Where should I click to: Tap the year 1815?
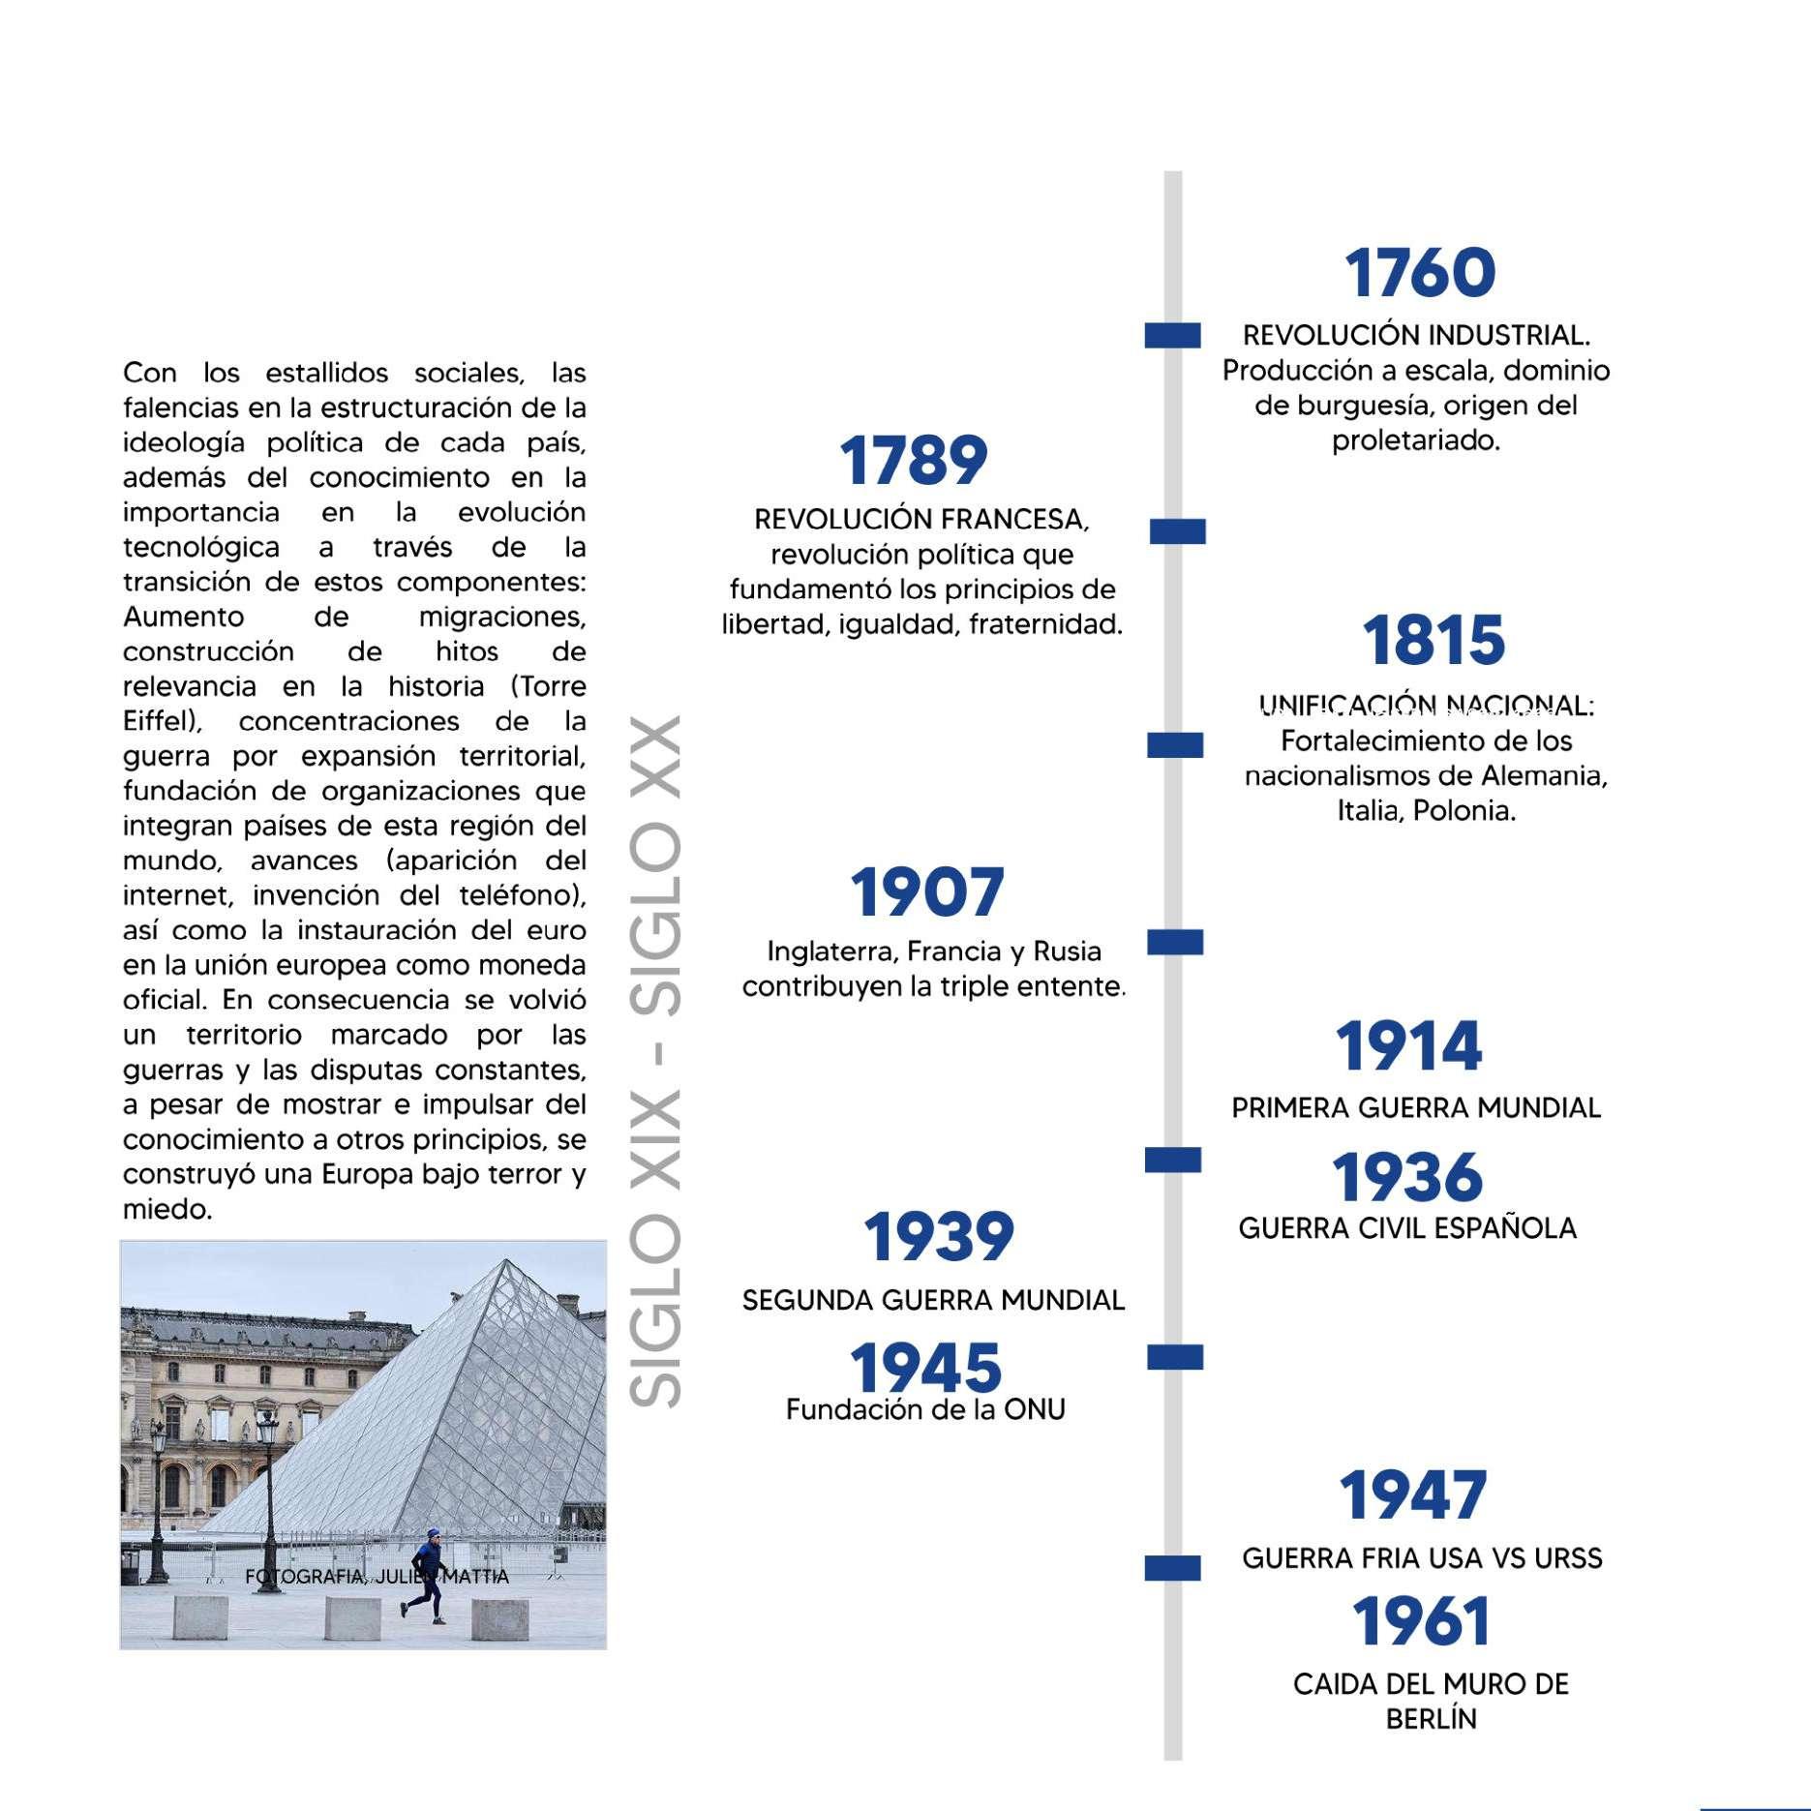click(1434, 641)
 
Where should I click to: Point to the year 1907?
click(926, 891)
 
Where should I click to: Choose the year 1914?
click(1408, 1046)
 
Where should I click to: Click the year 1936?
click(1407, 1177)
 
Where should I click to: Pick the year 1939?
click(938, 1237)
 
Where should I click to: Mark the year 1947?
click(1412, 1495)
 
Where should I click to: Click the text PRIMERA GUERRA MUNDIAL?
click(1416, 1107)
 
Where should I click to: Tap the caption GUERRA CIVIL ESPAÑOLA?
click(1407, 1228)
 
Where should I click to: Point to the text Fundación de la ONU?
click(925, 1409)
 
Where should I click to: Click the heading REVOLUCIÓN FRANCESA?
click(921, 520)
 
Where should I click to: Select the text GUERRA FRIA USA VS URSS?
click(1422, 1558)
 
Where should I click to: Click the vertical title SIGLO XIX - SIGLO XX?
click(655, 1060)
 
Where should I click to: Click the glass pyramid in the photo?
click(465, 1404)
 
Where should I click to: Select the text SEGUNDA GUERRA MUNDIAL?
click(933, 1300)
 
